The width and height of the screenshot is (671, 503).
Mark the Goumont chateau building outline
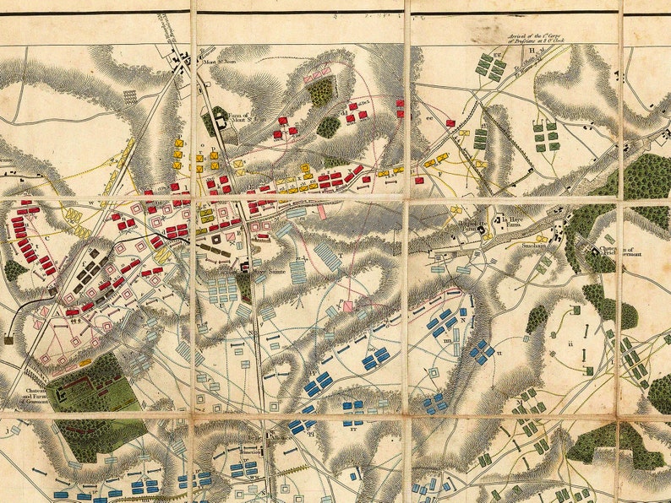(61, 392)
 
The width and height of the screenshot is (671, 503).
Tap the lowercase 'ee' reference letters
(429, 119)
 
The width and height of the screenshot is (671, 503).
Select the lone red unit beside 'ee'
(450, 123)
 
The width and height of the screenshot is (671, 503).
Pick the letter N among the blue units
(463, 319)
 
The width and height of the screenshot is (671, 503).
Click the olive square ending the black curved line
(8, 339)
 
